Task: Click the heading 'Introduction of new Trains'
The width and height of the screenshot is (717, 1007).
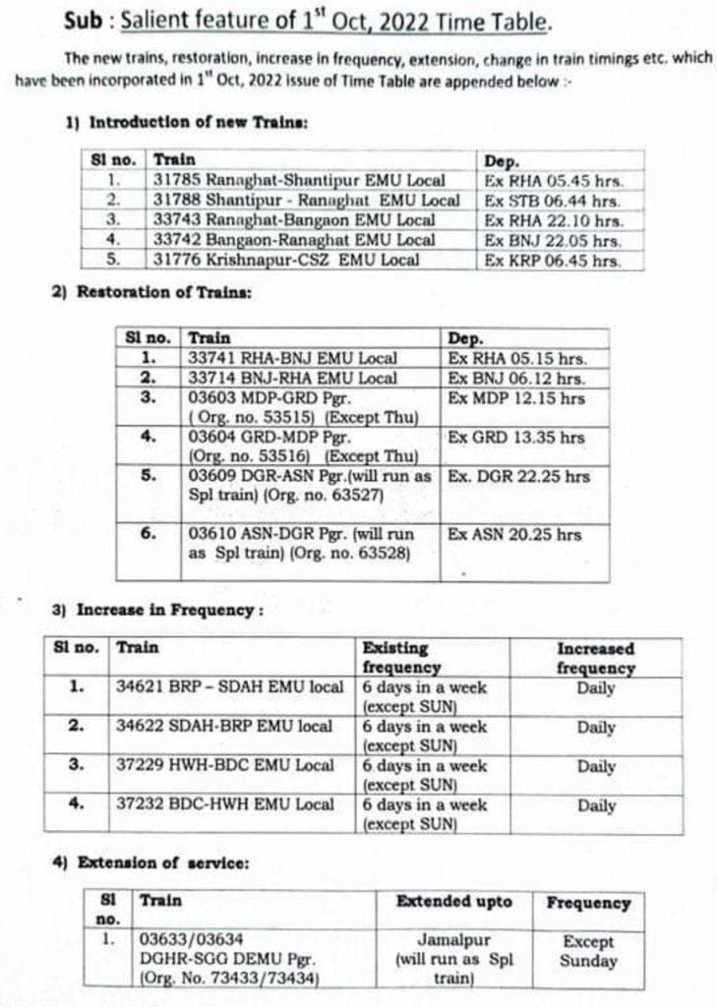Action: point(200,123)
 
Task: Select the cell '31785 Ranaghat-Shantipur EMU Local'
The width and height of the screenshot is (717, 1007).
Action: point(299,181)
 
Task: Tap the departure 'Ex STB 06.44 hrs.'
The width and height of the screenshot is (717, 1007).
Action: point(553,201)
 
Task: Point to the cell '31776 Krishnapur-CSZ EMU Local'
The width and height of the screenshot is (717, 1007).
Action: point(286,261)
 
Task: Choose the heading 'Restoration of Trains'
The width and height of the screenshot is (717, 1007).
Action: point(171,293)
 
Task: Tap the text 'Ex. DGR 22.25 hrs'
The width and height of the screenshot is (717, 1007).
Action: point(518,476)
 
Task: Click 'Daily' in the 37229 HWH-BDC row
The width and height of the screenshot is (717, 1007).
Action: point(596,766)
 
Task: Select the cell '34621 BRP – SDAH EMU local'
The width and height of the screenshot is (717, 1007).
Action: point(230,687)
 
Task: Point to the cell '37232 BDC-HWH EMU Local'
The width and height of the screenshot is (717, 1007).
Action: point(225,804)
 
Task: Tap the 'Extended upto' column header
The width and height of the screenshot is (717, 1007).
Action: point(453,902)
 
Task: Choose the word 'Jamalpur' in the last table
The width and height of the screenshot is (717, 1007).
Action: point(453,941)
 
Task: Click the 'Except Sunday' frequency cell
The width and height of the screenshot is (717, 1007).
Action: point(588,951)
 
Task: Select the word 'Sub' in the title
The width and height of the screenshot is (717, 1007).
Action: point(84,21)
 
